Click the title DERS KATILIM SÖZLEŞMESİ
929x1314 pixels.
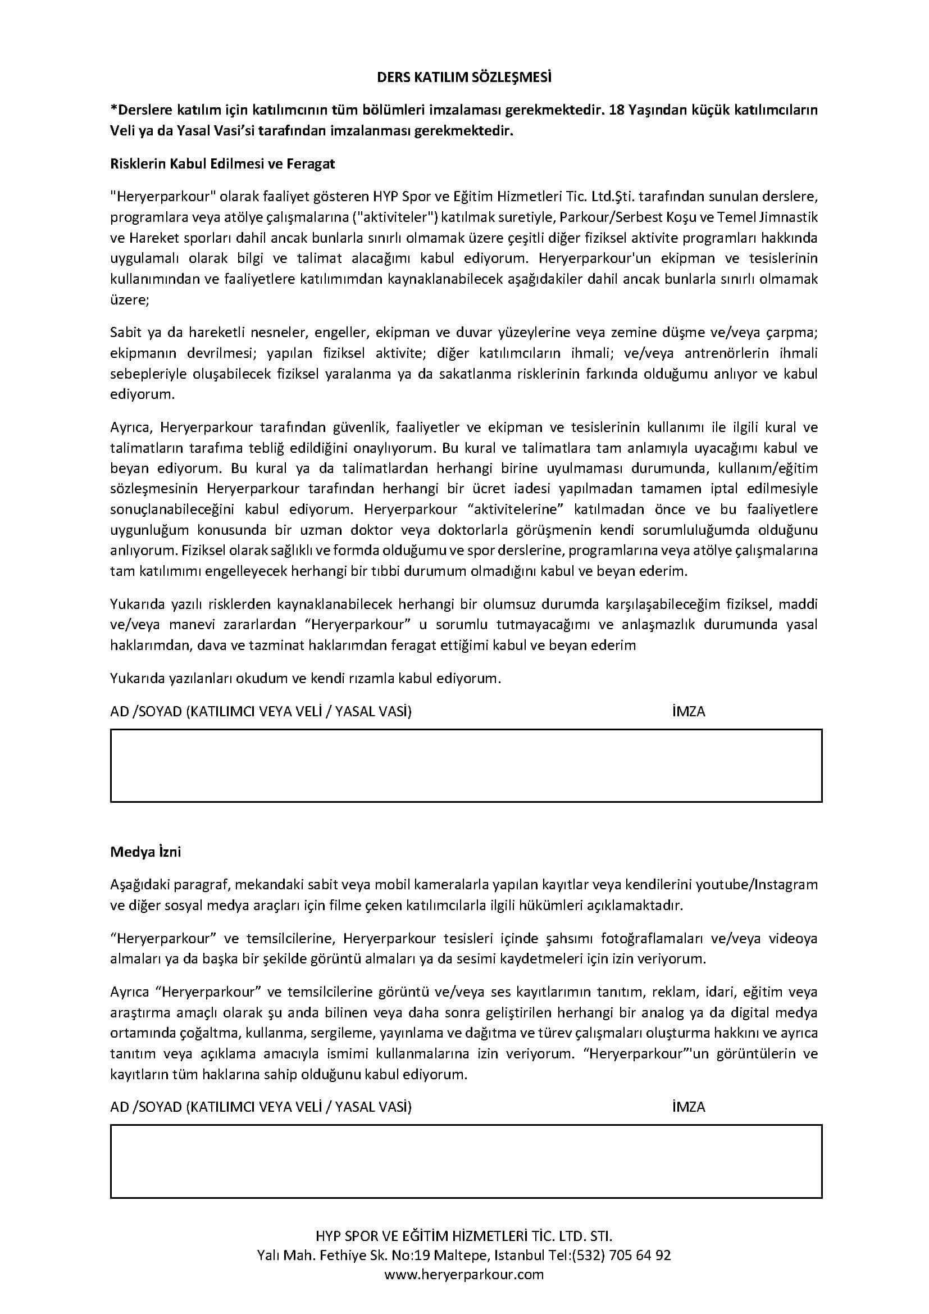[464, 78]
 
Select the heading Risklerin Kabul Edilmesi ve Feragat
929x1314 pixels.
[222, 163]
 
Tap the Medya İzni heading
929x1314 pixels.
[145, 852]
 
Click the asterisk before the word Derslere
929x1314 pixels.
[113, 109]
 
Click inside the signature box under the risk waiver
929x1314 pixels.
[466, 765]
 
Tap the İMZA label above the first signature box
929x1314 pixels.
[689, 711]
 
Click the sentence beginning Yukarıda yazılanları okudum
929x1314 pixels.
[306, 679]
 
